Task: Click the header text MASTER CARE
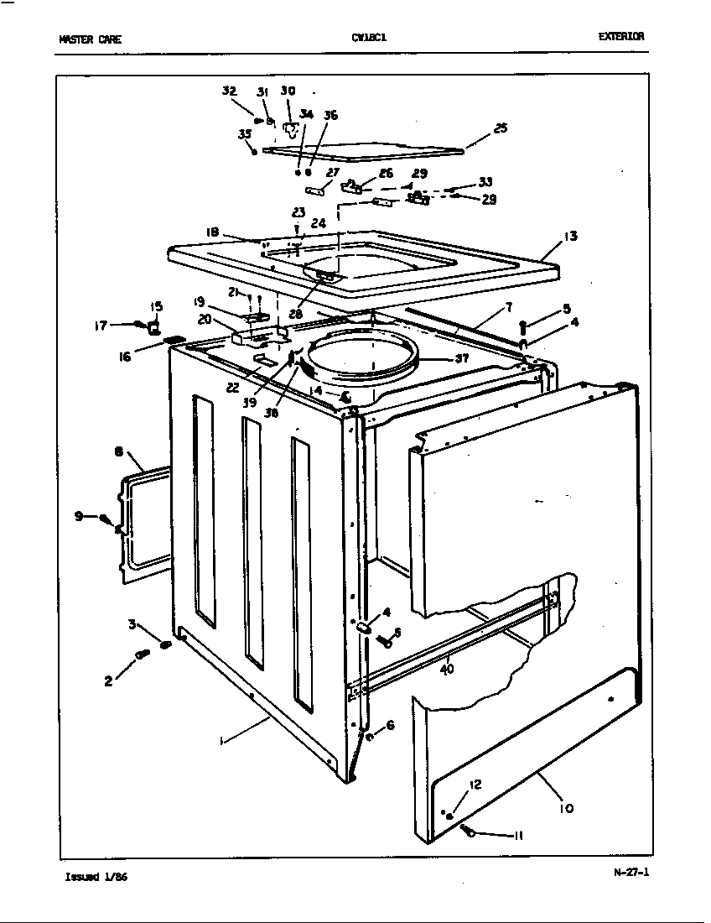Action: tap(90, 39)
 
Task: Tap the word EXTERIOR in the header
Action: tap(620, 37)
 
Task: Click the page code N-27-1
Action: tap(631, 871)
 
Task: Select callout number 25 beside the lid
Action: tap(500, 128)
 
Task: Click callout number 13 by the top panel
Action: tap(570, 237)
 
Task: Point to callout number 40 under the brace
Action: tap(447, 670)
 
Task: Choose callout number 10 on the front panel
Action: tap(566, 808)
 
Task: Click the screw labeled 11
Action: tap(470, 832)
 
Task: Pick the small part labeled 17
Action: tap(138, 325)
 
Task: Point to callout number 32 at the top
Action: tap(229, 91)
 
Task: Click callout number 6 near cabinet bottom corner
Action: tap(390, 725)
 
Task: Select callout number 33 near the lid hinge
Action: tap(485, 181)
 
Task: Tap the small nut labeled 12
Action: tap(450, 816)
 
